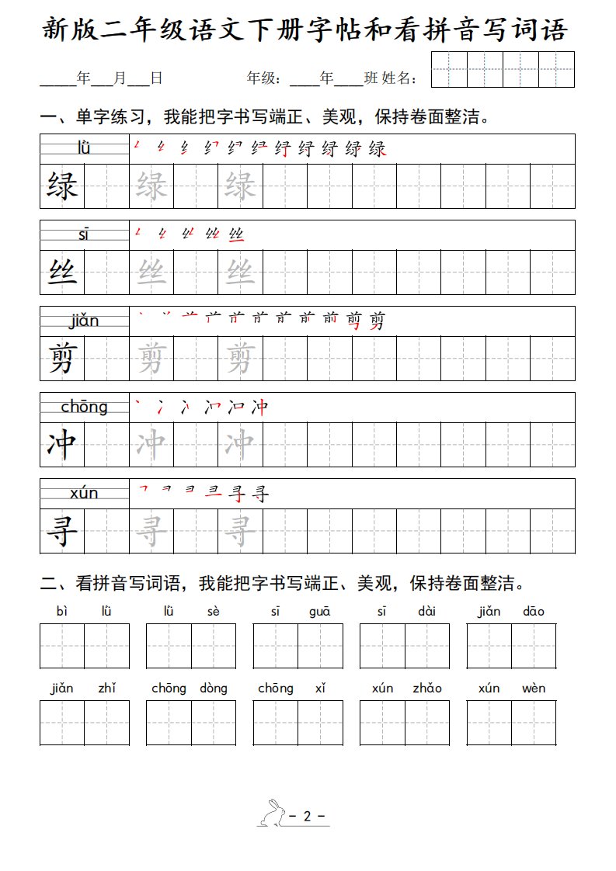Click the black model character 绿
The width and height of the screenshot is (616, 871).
[62, 186]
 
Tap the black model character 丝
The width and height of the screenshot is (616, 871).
[62, 272]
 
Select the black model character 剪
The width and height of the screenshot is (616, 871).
[62, 359]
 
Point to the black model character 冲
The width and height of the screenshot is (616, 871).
[62, 445]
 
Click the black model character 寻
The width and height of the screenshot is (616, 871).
[62, 532]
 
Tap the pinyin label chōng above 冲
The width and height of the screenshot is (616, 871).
[84, 407]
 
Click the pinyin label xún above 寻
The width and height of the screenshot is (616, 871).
[84, 493]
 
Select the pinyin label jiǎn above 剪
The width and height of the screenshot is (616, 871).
[84, 321]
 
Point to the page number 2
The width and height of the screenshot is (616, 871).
[308, 816]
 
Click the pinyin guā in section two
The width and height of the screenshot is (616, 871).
[319, 612]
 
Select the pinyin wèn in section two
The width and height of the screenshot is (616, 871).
[534, 689]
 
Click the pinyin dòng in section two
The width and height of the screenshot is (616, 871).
[214, 689]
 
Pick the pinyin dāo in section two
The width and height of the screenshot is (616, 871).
[534, 612]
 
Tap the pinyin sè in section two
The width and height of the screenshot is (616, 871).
[214, 612]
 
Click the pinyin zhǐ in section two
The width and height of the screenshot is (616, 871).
[106, 689]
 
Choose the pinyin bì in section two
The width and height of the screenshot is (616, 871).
[62, 612]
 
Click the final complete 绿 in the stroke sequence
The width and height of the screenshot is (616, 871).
[378, 148]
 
